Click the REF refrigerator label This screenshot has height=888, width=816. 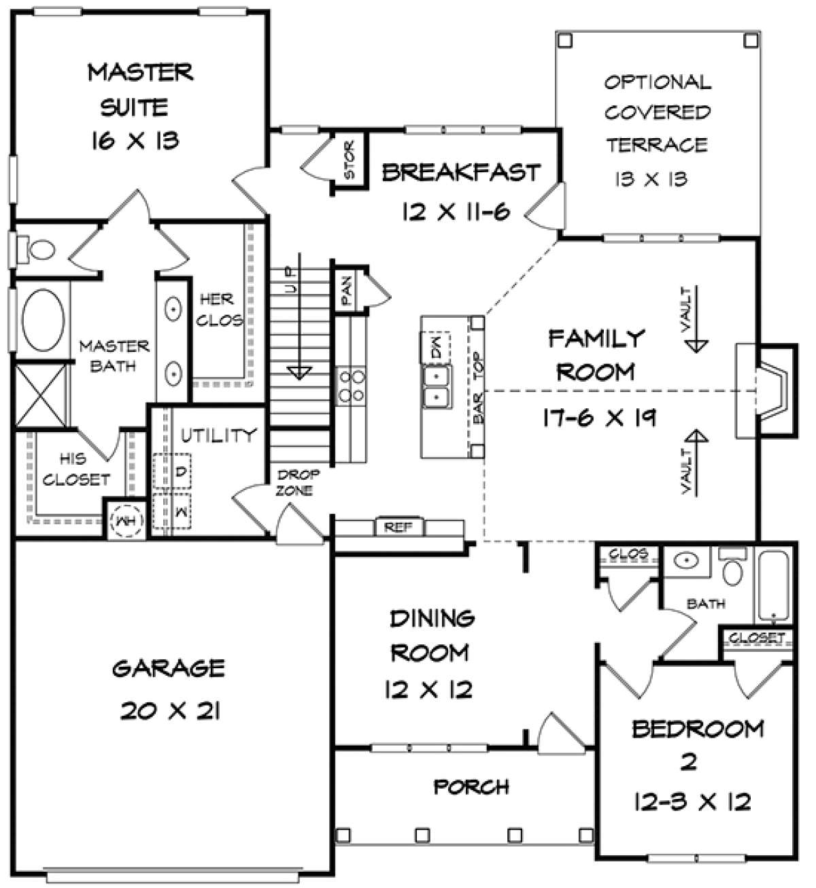398,527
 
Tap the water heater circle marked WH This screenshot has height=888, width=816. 126,520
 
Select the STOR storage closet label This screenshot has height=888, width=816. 350,159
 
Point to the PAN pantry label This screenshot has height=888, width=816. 347,291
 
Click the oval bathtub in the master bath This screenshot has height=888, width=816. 43,320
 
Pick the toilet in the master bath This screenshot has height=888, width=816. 35,249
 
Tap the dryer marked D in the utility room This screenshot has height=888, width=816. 172,472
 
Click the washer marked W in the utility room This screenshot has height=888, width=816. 172,511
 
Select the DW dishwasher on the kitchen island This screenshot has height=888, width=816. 436,347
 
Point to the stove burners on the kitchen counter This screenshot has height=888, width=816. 352,385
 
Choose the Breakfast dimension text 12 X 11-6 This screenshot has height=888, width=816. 456,211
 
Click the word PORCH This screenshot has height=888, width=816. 471,787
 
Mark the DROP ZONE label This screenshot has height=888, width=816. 296,482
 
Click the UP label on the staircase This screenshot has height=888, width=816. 290,280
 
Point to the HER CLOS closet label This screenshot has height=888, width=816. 219,310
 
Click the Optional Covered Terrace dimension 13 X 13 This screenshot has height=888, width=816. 651,179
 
